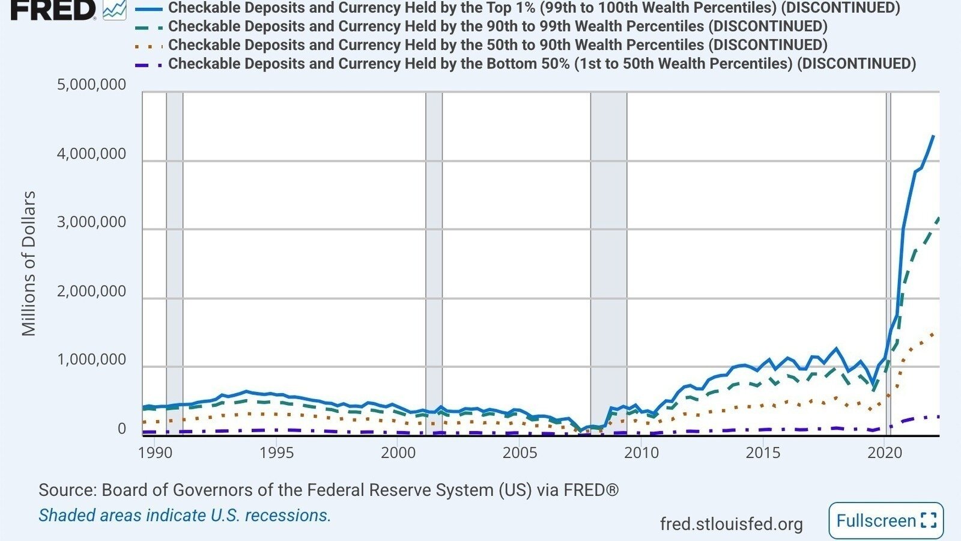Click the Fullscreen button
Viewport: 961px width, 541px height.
(x=887, y=521)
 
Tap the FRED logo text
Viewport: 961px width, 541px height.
(x=53, y=10)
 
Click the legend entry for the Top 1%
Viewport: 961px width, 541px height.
(x=517, y=7)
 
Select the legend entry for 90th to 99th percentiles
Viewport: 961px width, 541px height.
(x=481, y=26)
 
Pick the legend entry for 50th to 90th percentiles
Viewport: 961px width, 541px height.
(x=481, y=44)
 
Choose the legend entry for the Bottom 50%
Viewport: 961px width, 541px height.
(x=526, y=64)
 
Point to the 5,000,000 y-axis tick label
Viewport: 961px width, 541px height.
(x=91, y=85)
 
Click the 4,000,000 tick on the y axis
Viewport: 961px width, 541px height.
(x=91, y=154)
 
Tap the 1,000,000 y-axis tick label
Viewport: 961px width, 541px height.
(x=91, y=360)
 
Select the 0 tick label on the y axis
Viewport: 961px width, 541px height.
(x=122, y=429)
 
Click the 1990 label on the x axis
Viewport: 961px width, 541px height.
(x=155, y=453)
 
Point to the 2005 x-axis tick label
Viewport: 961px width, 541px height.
(x=520, y=453)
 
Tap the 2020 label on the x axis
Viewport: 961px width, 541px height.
(x=885, y=453)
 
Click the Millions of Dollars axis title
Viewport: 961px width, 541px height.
(x=29, y=264)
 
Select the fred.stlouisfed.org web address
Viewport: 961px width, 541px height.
(x=731, y=524)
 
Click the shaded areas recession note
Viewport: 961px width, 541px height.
(x=185, y=515)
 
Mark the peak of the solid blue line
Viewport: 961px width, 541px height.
(x=933, y=136)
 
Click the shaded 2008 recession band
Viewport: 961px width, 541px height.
(x=609, y=264)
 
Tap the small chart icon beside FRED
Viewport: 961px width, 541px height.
(x=115, y=10)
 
